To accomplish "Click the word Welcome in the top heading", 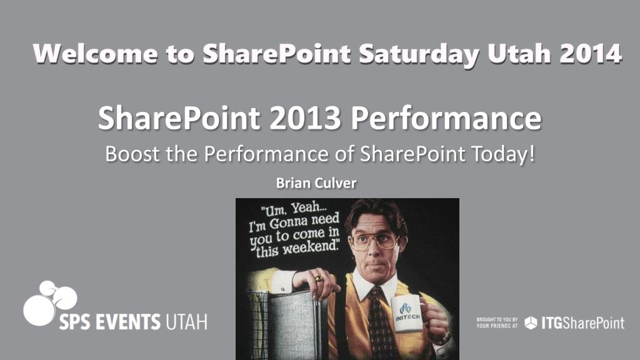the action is point(96,54).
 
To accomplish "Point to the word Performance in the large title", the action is point(446,118).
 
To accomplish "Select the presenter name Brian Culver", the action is point(316,183).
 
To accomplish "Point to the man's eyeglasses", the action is point(375,241).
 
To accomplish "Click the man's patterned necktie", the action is point(381,322).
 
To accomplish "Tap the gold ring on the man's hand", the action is point(319,279).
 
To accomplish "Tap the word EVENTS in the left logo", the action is point(127,322).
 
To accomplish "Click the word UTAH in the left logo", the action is point(186,322).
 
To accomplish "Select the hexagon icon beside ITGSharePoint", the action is point(531,323).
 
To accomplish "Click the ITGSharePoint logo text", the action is point(583,323).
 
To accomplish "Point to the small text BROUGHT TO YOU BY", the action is point(497,319).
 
